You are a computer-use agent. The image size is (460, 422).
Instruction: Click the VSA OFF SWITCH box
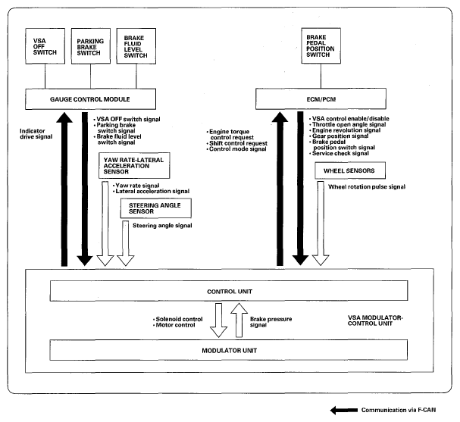click(45, 46)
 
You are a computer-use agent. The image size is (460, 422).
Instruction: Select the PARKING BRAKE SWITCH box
click(91, 46)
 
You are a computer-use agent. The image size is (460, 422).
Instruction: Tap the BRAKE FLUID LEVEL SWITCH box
click(136, 46)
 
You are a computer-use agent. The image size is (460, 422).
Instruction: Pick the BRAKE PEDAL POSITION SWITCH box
click(321, 45)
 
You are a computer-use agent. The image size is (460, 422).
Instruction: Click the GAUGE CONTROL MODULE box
click(90, 99)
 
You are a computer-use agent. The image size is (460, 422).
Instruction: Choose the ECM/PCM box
click(321, 98)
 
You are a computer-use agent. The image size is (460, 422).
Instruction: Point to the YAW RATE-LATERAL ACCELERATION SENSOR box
click(134, 165)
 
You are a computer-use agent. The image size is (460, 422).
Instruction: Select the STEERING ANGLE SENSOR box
click(156, 208)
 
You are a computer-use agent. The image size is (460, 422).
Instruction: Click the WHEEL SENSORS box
click(350, 170)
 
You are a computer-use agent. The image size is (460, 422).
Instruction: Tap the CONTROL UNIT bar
click(229, 291)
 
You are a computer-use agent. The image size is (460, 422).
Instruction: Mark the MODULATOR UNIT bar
click(229, 350)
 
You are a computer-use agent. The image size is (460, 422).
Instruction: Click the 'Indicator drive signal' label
click(36, 134)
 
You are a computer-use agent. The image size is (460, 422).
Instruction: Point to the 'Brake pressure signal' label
click(271, 322)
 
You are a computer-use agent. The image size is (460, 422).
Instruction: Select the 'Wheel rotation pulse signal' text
click(367, 187)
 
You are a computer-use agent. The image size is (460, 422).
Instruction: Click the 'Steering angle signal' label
click(162, 226)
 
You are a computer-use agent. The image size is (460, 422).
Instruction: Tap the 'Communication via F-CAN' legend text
click(399, 410)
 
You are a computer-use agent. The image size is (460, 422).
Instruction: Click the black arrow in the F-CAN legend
click(344, 411)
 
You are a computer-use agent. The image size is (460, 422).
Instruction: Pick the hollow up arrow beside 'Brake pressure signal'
click(239, 320)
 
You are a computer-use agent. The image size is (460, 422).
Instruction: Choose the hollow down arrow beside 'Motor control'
click(218, 320)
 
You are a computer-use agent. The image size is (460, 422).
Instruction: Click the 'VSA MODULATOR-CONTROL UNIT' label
click(375, 320)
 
